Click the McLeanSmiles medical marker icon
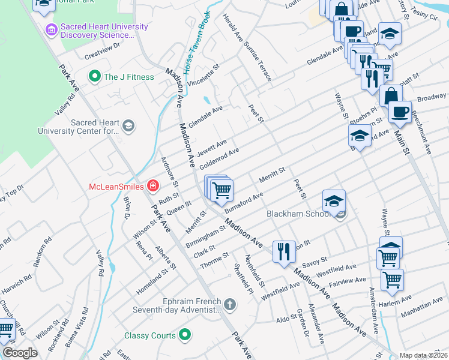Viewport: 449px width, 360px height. (153, 186)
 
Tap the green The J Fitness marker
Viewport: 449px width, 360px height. (94, 76)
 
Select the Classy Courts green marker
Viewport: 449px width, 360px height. (185, 335)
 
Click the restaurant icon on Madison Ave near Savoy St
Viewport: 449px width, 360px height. (284, 251)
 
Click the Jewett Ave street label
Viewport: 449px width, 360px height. (212, 147)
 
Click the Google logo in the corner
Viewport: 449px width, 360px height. (19, 352)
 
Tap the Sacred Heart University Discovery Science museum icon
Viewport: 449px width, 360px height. (51, 29)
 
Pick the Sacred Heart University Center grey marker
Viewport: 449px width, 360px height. (128, 125)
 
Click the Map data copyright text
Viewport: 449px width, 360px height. (424, 355)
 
